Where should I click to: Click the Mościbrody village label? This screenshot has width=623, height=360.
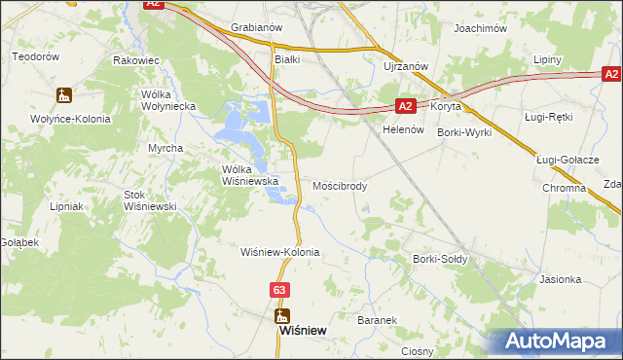point(340,185)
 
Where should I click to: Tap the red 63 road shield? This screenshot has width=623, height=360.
point(280,290)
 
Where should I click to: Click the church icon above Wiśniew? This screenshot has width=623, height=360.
point(282,314)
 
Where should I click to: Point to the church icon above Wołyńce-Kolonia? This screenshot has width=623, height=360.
point(64,95)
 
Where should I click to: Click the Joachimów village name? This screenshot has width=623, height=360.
point(481,29)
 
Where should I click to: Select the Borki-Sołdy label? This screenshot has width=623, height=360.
point(440,260)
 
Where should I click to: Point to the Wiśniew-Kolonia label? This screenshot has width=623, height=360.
point(280,252)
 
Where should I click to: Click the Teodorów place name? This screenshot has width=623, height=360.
point(36,56)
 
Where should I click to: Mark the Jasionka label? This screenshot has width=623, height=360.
point(560,279)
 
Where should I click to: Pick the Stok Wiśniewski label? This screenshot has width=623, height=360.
point(148,200)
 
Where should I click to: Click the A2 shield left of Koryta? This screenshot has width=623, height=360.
point(408,106)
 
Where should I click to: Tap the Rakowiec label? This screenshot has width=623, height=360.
point(136,60)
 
